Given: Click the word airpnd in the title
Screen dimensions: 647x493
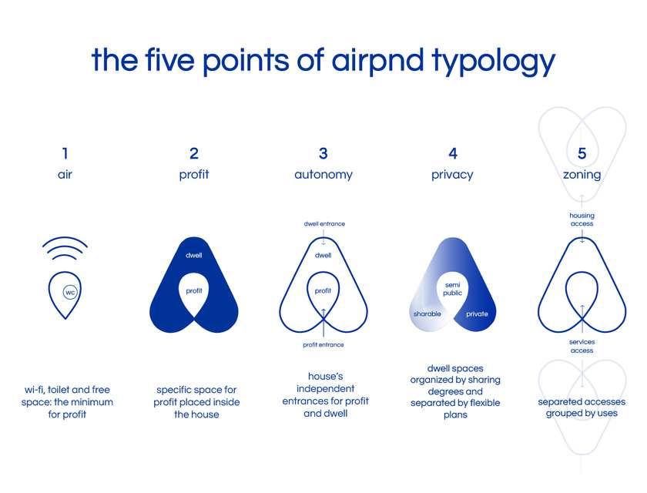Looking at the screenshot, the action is [x=377, y=60].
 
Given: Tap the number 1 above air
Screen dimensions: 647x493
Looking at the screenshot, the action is [x=65, y=153].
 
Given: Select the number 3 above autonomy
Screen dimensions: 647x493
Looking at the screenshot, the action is [x=323, y=153].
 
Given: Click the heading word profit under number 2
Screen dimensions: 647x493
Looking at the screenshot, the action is [x=194, y=175].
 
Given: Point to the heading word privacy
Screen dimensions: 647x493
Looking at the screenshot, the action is [x=452, y=175].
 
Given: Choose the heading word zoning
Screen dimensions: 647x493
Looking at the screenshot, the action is [x=582, y=175].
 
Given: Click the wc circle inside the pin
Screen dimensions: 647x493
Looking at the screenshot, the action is [x=70, y=293].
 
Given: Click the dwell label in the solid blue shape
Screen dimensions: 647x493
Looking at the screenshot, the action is [x=193, y=256].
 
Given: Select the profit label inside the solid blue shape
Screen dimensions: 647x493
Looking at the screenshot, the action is [x=194, y=291].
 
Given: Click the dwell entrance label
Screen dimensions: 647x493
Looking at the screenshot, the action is [x=324, y=223].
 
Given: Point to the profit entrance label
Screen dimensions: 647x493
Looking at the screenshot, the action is [x=323, y=345].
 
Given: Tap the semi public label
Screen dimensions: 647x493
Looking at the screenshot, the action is [x=453, y=289].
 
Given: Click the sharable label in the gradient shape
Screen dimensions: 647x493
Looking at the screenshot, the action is [x=427, y=314].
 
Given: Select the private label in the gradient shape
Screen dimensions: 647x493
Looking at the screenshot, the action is [x=477, y=314].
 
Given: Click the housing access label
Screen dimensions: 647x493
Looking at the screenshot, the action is [x=582, y=220].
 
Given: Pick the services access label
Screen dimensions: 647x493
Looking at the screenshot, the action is [x=582, y=346].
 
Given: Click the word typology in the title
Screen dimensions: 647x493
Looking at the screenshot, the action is [x=494, y=61].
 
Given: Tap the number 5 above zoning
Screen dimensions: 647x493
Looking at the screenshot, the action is [x=582, y=153].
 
